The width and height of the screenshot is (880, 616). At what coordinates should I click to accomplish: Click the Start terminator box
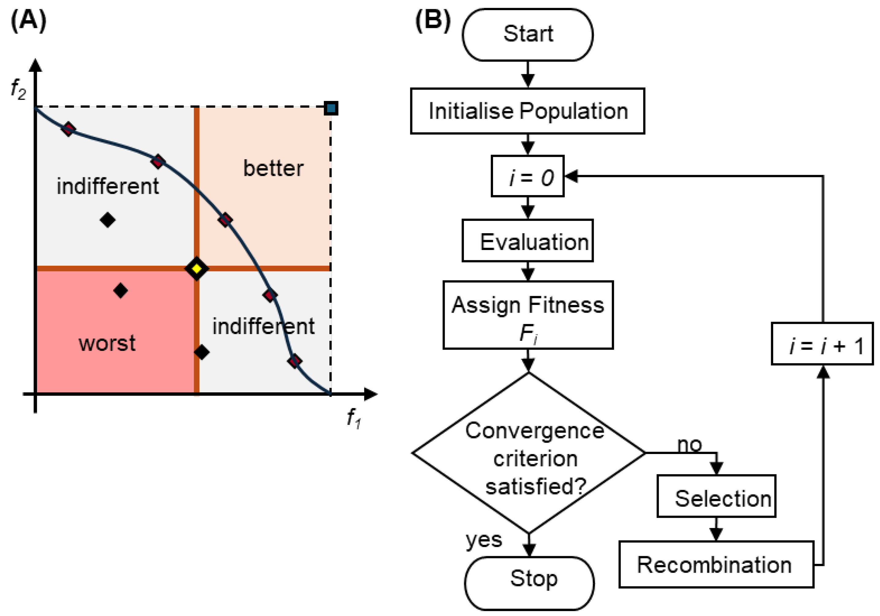point(527,35)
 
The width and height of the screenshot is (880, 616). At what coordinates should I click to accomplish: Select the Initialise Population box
point(527,111)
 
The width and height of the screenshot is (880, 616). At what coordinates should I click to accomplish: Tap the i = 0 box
point(527,176)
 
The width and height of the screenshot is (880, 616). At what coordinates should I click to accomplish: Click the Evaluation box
point(527,241)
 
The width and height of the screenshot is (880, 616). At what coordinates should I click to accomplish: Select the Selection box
point(716,496)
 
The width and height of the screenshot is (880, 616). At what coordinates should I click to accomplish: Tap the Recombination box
point(716,564)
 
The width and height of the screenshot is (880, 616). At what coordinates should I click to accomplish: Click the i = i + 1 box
point(822,344)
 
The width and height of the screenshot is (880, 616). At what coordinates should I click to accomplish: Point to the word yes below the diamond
point(484,540)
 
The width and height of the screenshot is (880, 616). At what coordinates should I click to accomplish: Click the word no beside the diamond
point(689,445)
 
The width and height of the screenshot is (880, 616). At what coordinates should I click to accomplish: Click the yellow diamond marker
point(197,268)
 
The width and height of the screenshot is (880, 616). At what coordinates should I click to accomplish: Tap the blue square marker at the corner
point(331,108)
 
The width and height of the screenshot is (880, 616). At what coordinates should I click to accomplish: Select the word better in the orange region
point(273,168)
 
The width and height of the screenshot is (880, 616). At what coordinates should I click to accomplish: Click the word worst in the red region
point(107,343)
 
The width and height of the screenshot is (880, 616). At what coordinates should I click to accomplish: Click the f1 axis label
point(353,418)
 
